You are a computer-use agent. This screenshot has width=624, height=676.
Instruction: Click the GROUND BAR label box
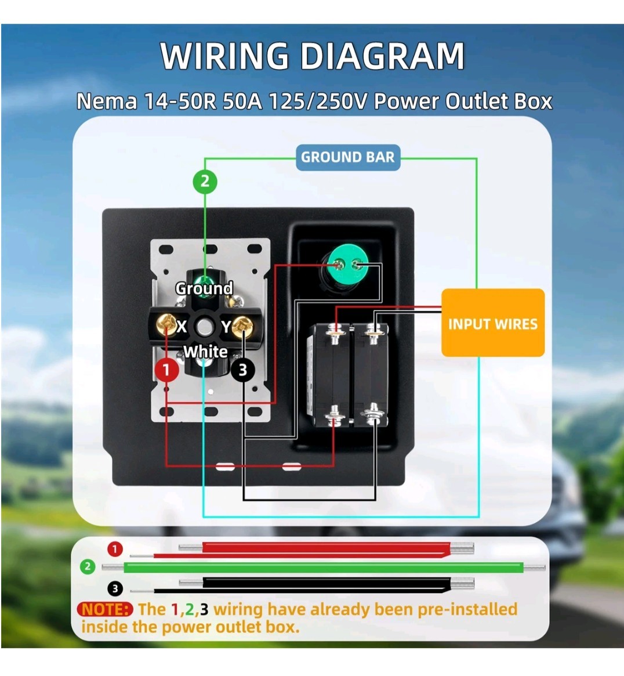(348, 157)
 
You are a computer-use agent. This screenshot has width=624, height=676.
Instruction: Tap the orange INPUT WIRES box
(493, 323)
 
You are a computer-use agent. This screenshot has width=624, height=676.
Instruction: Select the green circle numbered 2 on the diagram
(205, 182)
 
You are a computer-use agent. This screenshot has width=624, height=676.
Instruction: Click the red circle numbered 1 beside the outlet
(167, 370)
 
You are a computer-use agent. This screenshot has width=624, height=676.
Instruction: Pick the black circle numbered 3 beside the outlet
(242, 370)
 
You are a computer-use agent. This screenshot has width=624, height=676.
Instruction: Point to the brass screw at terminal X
(165, 324)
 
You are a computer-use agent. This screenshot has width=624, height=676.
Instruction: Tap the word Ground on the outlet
(204, 288)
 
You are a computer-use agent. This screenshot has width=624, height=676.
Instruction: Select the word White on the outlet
(205, 352)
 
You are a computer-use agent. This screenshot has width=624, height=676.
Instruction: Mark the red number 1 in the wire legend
(115, 550)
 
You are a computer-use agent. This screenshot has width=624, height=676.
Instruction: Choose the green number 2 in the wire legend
(88, 566)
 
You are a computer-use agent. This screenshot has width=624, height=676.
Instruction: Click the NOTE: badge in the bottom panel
(105, 610)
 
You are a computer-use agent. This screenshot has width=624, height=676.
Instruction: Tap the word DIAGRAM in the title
(383, 56)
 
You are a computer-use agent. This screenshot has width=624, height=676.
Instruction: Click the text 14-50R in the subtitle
(180, 102)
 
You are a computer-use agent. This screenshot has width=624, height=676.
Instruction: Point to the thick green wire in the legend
(324, 567)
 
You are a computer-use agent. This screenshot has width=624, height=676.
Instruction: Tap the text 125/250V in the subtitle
(318, 102)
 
